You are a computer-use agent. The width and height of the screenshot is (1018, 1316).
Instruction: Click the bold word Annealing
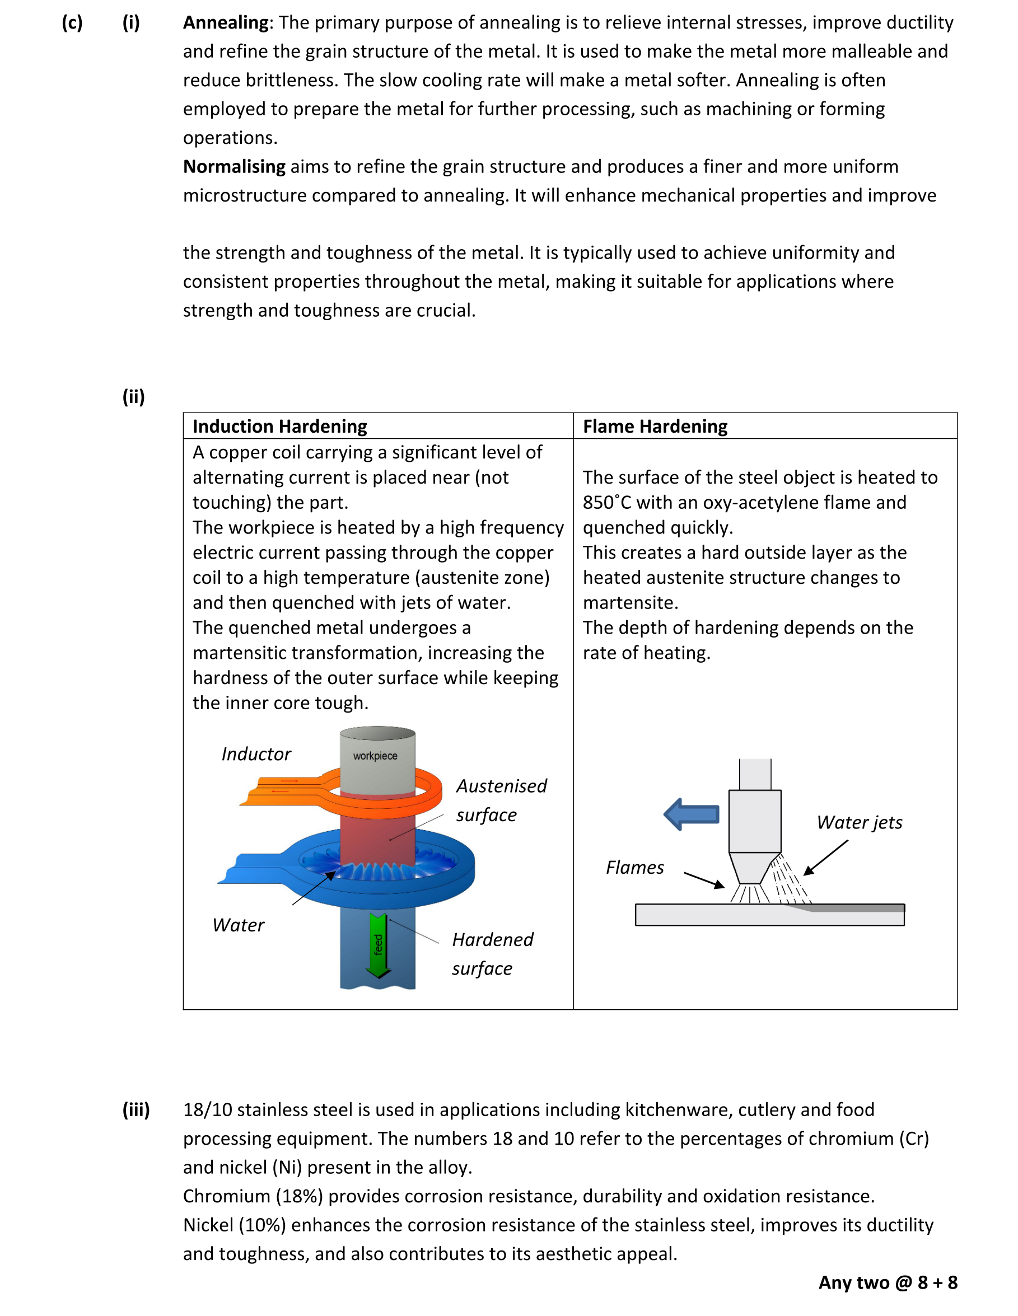point(226,23)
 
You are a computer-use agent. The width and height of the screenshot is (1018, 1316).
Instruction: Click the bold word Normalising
point(234,167)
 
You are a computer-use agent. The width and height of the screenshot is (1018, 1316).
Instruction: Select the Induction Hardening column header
point(279,427)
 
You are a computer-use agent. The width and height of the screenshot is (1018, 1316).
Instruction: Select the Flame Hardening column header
point(655,427)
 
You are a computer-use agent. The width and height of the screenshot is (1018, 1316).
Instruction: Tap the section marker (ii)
point(133,397)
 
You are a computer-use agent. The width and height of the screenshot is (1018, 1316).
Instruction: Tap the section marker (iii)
point(136,1110)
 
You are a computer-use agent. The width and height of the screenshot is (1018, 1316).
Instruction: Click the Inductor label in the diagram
point(255,755)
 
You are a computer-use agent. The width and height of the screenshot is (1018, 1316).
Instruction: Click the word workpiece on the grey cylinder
point(375,756)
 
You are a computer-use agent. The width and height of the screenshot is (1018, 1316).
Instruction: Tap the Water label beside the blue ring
point(238,925)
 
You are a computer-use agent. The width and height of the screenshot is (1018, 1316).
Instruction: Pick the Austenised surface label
point(500,800)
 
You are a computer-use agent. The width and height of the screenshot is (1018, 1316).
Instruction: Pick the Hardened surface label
point(492,954)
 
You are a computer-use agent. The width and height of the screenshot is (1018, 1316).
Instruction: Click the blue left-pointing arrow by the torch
point(692,814)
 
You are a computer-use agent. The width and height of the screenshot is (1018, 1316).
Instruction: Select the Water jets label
point(859,823)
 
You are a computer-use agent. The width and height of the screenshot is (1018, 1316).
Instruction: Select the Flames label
point(634,868)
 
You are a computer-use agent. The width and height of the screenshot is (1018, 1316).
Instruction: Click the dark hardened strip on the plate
point(856,908)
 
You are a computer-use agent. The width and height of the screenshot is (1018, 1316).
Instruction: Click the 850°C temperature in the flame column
point(607,503)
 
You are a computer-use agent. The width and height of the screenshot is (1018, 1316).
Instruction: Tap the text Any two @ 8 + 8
point(887,1283)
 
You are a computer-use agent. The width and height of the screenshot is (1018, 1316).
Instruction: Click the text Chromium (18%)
point(253,1196)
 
